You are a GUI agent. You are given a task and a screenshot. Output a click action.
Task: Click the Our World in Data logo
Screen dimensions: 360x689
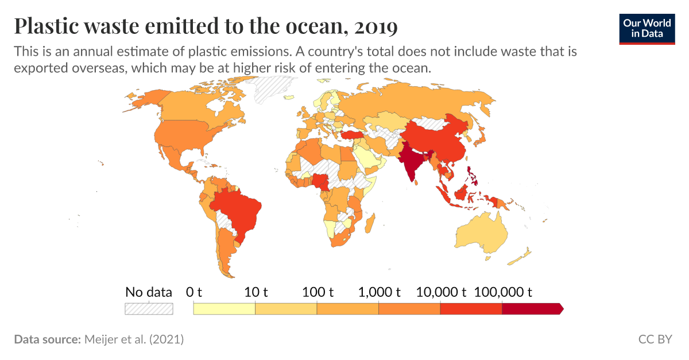pyautogui.click(x=647, y=28)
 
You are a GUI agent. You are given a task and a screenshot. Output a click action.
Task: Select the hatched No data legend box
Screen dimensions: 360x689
pyautogui.click(x=149, y=308)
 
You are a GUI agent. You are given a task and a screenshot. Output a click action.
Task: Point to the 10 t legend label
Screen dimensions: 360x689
pyautogui.click(x=257, y=292)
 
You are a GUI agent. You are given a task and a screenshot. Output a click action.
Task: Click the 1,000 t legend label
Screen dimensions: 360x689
pyautogui.click(x=379, y=292)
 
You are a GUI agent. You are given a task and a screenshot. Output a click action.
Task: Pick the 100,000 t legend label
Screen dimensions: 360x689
pyautogui.click(x=503, y=292)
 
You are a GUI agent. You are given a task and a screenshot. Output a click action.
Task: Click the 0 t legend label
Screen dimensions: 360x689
pyautogui.click(x=194, y=292)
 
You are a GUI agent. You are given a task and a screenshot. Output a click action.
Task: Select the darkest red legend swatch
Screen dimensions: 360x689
pyautogui.click(x=532, y=309)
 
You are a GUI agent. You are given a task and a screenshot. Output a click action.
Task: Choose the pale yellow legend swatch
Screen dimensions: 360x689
pyautogui.click(x=224, y=309)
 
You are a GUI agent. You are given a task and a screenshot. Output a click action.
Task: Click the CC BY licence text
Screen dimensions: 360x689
pyautogui.click(x=655, y=339)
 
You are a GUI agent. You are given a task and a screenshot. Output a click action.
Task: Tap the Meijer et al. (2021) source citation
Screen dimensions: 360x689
pyautogui.click(x=133, y=339)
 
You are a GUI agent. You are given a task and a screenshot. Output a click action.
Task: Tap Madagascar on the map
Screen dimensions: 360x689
pyautogui.click(x=370, y=222)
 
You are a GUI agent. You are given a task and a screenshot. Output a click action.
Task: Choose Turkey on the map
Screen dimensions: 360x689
pyautogui.click(x=353, y=134)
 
